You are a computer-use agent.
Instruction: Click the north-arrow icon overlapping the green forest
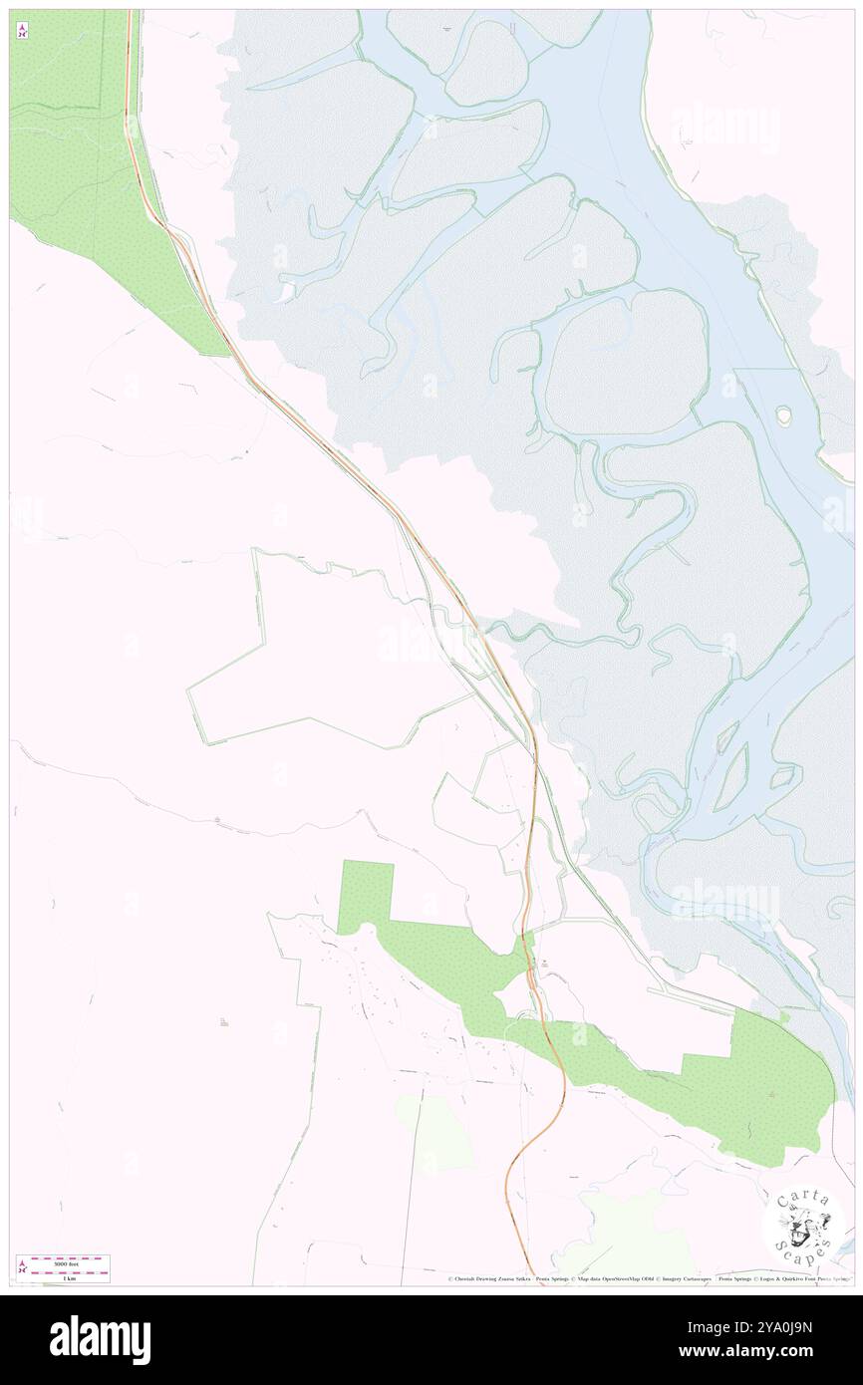(x=22, y=31)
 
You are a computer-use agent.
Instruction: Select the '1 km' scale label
(x=68, y=1277)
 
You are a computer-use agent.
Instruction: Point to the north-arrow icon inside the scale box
(x=23, y=1268)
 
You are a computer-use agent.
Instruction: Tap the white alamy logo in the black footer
(x=100, y=1339)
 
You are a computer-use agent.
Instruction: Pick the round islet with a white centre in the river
(x=784, y=413)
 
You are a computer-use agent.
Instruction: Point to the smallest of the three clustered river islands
(x=725, y=738)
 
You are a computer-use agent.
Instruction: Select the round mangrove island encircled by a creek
(x=625, y=362)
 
